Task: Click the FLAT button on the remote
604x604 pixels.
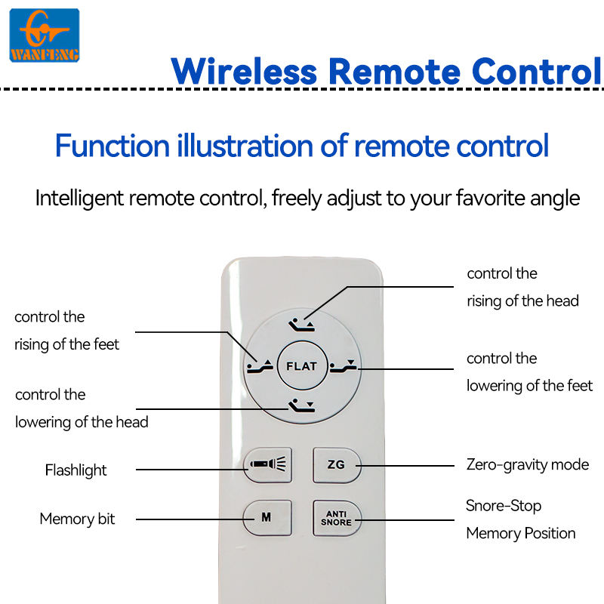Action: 302,365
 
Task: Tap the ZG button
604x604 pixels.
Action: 337,465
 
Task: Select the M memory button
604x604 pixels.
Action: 267,517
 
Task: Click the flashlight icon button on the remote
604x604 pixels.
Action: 268,464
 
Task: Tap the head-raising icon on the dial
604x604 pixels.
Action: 301,325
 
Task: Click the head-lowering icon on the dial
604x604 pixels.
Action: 301,405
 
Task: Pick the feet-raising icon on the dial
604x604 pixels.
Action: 260,366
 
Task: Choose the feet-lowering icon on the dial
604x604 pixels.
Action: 344,366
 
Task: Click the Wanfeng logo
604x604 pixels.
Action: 45,35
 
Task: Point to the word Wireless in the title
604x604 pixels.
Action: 244,72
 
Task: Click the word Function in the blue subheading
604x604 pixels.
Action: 112,146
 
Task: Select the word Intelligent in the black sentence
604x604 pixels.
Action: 80,199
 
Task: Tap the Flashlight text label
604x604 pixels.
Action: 76,470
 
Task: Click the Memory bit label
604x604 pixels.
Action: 78,519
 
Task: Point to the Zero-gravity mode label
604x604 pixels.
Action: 528,465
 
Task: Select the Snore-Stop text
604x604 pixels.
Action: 504,506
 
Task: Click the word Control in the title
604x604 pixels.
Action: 537,72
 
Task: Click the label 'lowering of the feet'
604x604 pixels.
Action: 530,386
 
